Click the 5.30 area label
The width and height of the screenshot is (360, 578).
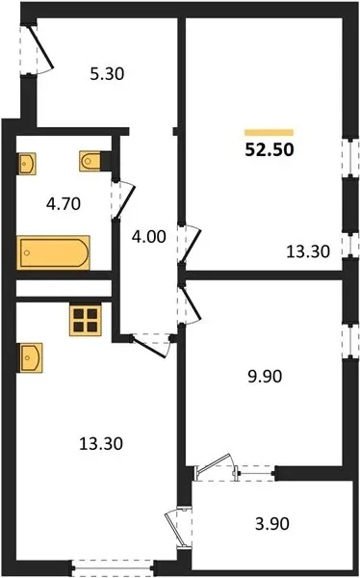click(107, 74)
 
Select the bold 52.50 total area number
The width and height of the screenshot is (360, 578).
click(270, 149)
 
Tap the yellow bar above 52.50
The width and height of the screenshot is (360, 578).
click(269, 133)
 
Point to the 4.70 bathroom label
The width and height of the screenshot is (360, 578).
click(64, 203)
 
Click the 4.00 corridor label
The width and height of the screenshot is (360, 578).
click(149, 236)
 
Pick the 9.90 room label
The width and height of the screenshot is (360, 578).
click(265, 377)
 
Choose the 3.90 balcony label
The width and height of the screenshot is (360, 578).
click(272, 523)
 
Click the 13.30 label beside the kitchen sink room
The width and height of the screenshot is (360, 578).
click(101, 443)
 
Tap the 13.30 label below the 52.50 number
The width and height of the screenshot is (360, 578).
click(308, 251)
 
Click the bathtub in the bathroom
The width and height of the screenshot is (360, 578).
click(54, 252)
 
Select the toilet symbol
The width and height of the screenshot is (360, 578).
click(90, 161)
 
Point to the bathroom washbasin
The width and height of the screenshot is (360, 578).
click(27, 164)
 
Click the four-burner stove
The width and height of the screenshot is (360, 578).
click(86, 320)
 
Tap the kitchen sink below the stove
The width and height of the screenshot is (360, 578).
click(30, 357)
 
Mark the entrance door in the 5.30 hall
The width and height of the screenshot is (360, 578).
click(38, 49)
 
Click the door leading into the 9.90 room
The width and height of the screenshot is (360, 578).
click(189, 305)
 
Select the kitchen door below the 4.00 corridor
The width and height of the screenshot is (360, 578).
click(150, 345)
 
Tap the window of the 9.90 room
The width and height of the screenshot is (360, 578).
click(350, 342)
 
